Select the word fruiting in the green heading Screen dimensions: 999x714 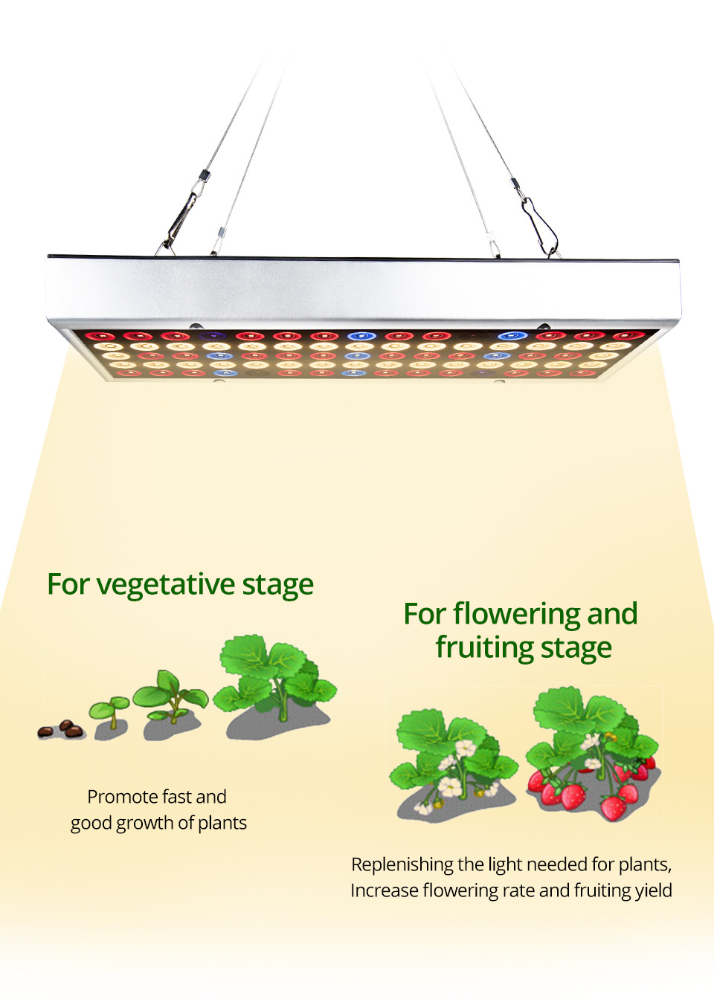click(x=485, y=647)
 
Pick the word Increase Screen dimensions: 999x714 click(x=384, y=890)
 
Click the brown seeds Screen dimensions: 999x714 click(x=62, y=729)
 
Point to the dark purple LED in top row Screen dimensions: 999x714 click(x=214, y=337)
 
